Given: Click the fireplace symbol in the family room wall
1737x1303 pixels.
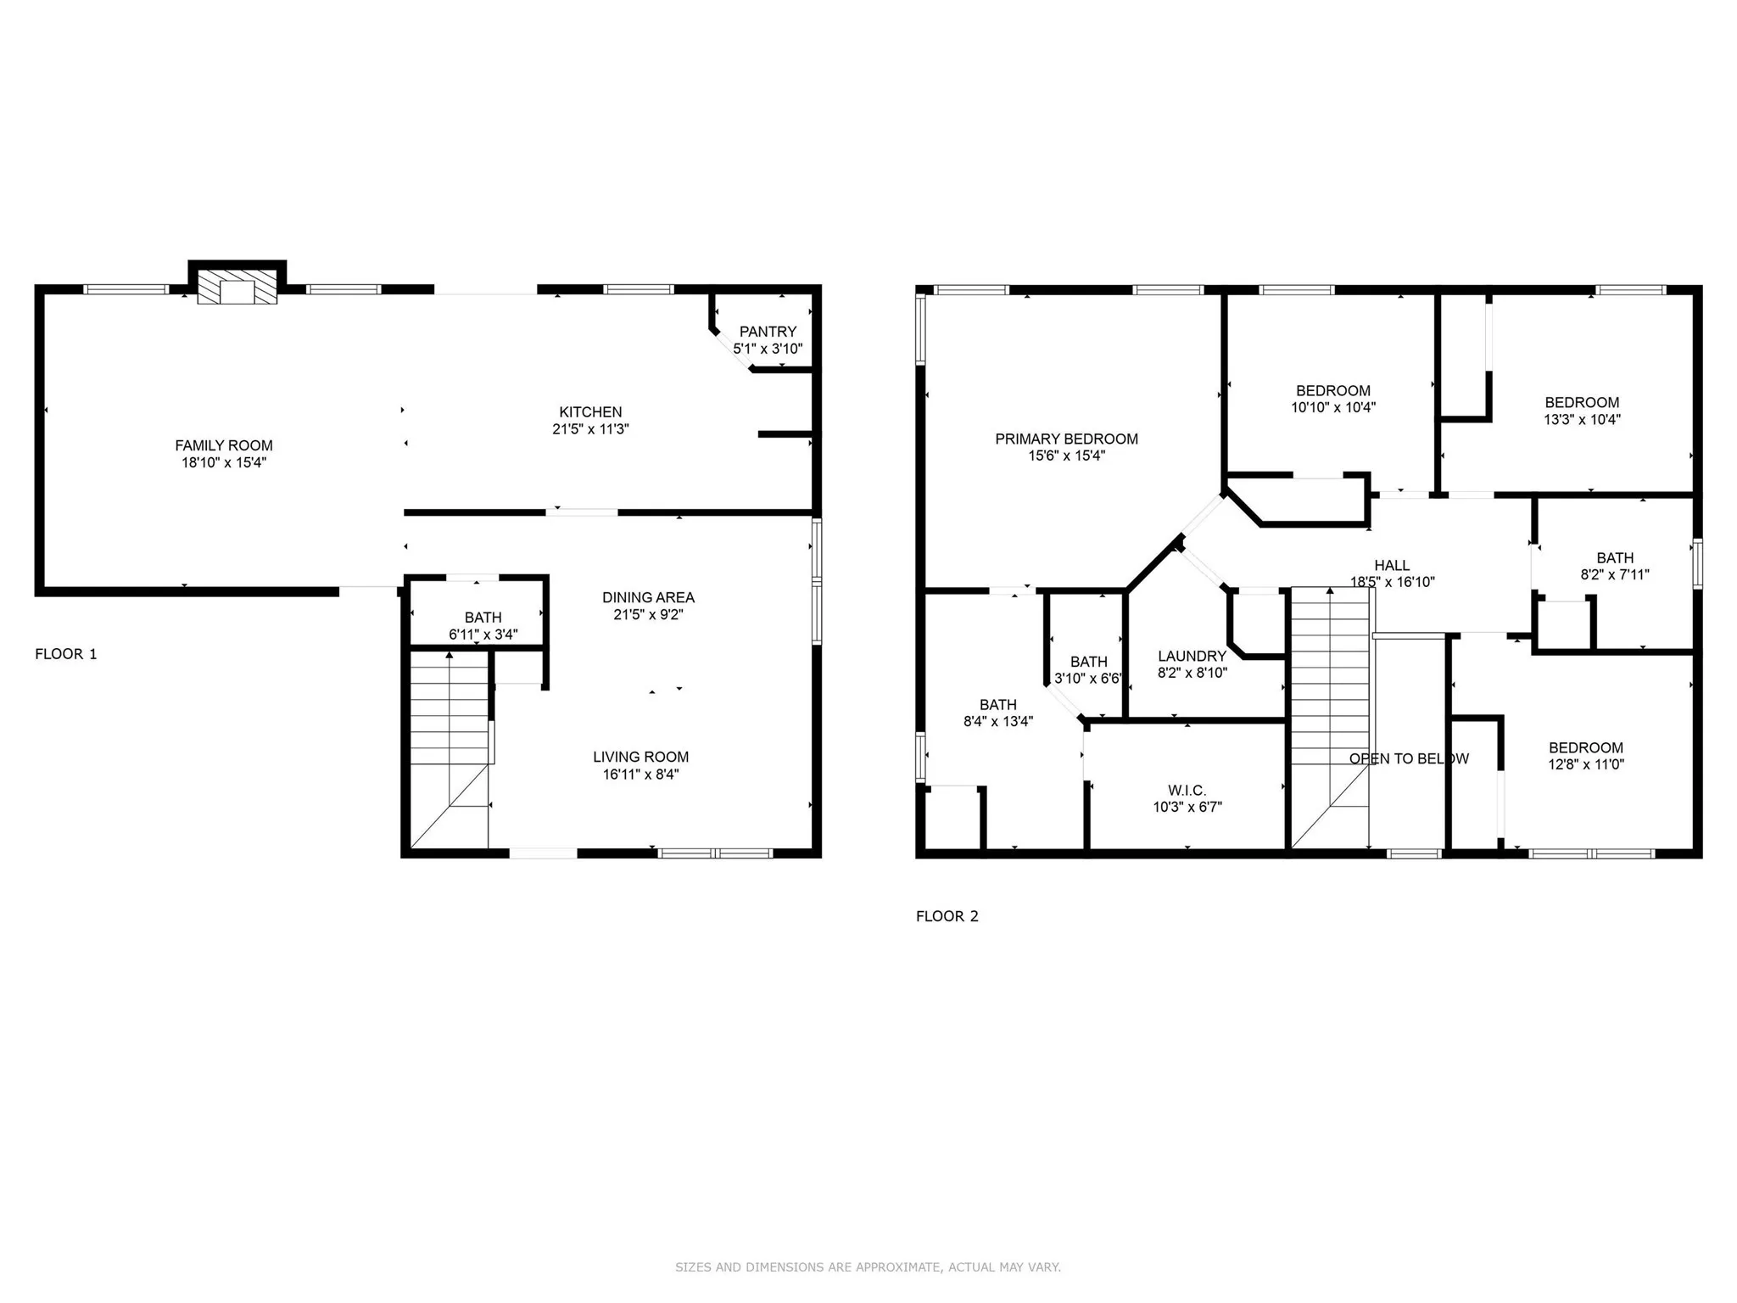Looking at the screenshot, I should click(x=237, y=287).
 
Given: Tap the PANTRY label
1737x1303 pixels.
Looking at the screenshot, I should click(x=768, y=332).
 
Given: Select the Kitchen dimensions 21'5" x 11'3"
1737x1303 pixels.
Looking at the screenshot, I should click(x=590, y=429).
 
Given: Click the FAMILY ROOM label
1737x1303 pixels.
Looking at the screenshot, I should click(x=224, y=445).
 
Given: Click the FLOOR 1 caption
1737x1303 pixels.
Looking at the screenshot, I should click(x=66, y=654).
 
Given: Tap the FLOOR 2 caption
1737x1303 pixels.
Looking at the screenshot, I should click(x=947, y=916).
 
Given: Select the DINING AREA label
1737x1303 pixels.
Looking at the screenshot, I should click(x=648, y=597).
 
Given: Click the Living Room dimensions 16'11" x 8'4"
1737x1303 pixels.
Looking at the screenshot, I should click(x=640, y=774).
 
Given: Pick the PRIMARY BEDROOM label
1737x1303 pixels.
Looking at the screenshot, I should click(x=1066, y=439).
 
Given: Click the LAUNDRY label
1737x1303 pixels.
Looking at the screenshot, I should click(x=1192, y=656).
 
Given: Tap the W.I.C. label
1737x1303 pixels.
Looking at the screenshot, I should click(x=1187, y=791).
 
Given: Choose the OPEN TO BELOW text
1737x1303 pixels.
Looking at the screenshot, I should click(x=1409, y=758).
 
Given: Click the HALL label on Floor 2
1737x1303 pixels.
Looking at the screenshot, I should click(x=1392, y=565).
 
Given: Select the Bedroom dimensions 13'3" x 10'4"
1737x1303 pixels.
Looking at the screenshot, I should click(x=1582, y=419).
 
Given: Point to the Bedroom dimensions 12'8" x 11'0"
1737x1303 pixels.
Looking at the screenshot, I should click(x=1585, y=763).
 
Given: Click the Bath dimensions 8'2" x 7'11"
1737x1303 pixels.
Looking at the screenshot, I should click(x=1615, y=574).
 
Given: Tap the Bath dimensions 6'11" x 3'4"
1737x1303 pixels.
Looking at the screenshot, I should click(x=483, y=635).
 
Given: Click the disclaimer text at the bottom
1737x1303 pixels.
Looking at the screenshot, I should click(x=868, y=1267).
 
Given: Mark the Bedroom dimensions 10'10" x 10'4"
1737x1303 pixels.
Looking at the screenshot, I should click(x=1333, y=407).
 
